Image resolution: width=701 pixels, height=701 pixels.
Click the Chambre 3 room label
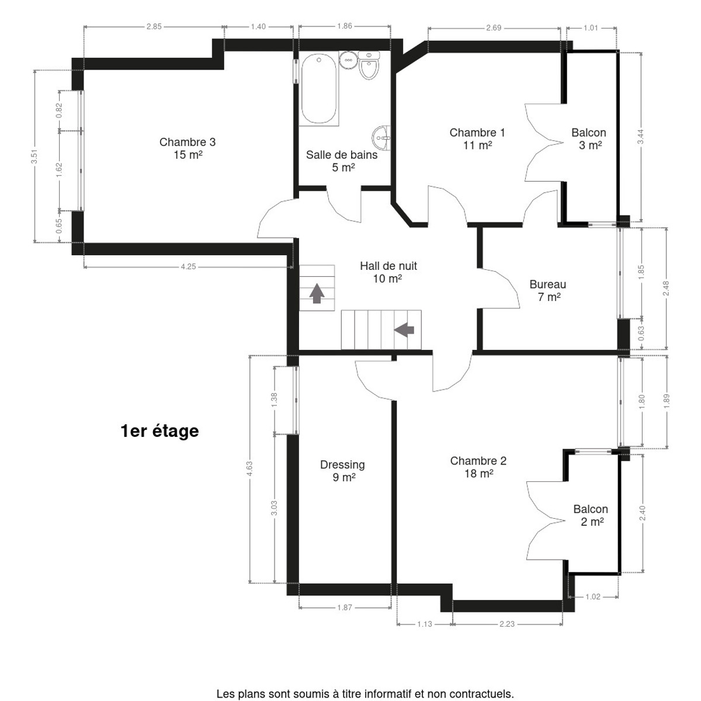[x=188, y=148]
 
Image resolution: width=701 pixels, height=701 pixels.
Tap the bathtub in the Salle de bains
[x=319, y=89]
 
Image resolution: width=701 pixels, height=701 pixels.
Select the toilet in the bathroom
[x=369, y=65]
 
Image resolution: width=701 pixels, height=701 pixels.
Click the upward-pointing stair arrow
[x=317, y=293]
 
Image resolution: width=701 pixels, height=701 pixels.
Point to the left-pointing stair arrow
[x=404, y=330]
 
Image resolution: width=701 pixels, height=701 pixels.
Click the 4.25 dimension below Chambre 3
[x=189, y=266]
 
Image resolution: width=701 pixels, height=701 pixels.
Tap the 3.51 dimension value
[x=34, y=157]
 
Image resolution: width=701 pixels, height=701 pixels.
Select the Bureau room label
[x=548, y=290]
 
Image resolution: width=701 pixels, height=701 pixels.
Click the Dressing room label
[x=343, y=470]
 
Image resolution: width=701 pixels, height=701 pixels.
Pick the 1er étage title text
[x=159, y=431]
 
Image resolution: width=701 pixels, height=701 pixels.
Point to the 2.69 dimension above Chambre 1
[x=494, y=27]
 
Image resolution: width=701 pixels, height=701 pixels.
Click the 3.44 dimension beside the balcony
[x=641, y=137]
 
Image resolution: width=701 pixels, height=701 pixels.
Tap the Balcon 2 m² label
[x=591, y=515]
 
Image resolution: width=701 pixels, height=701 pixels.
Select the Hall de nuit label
[x=388, y=272]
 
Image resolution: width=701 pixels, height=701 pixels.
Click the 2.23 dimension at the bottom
[x=506, y=624]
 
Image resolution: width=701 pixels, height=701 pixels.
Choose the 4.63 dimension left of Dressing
[x=249, y=469]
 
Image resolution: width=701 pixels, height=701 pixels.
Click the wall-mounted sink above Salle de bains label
[x=381, y=138]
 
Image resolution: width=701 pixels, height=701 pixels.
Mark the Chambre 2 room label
[x=478, y=467]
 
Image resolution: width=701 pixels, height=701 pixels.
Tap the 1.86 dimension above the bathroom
[x=345, y=26]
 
